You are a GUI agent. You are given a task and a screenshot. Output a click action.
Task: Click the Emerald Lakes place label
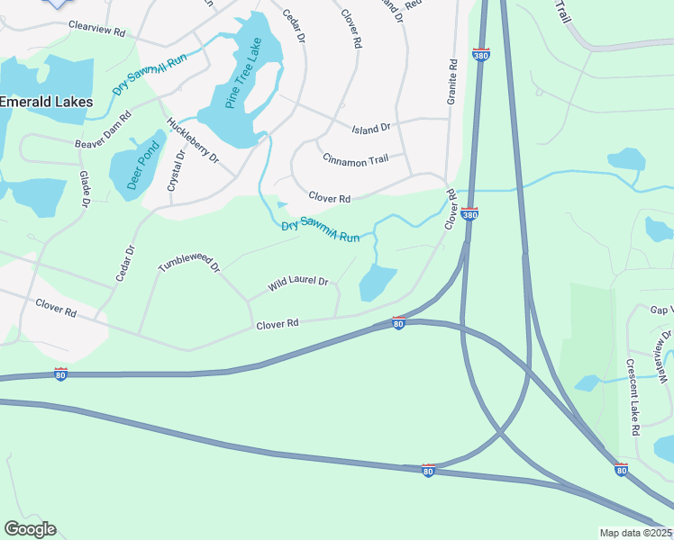pyautogui.click(x=46, y=103)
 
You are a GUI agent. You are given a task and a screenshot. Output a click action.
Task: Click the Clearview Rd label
pyautogui.click(x=95, y=31)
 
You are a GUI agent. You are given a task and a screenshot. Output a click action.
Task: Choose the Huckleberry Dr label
pyautogui.click(x=193, y=140)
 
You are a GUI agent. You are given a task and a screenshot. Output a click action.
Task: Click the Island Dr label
pyautogui.click(x=370, y=128)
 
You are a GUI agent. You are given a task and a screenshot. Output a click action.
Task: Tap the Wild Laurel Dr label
pyautogui.click(x=298, y=285)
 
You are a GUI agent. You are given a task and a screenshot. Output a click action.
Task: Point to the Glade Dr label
pyautogui.click(x=85, y=190)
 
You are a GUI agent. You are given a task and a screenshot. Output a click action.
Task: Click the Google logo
pyautogui.click(x=30, y=529)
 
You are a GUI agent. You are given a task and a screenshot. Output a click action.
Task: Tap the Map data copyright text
pyautogui.click(x=636, y=533)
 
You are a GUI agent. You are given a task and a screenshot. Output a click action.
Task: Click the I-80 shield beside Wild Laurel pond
pyautogui.click(x=398, y=322)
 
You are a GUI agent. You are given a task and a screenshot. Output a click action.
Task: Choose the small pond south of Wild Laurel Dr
pyautogui.click(x=378, y=283)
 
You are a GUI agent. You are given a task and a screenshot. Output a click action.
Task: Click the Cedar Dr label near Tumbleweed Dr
pyautogui.click(x=125, y=263)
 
